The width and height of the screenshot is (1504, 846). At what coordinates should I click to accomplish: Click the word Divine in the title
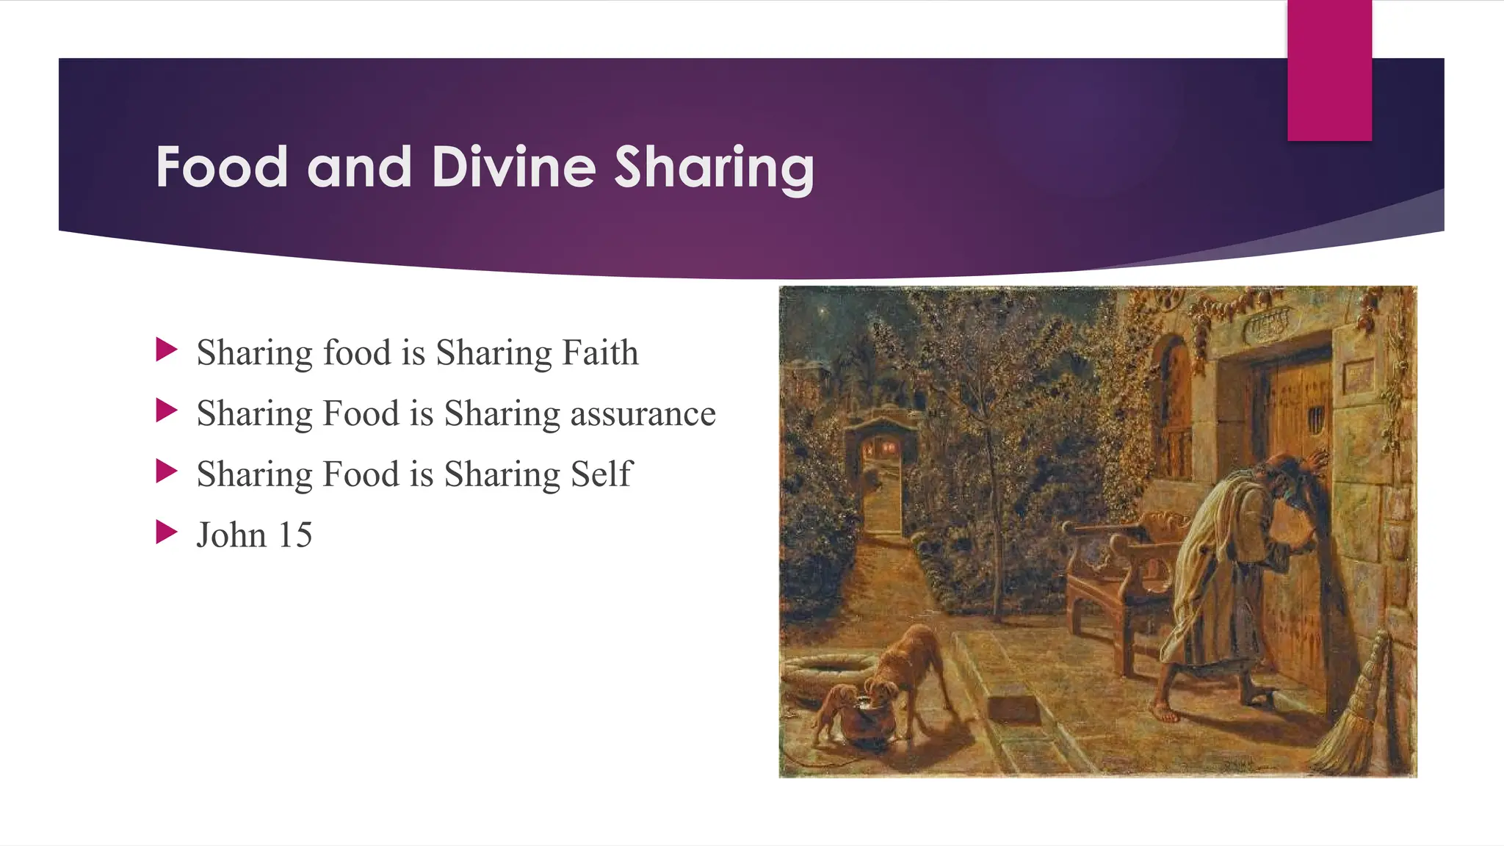513,167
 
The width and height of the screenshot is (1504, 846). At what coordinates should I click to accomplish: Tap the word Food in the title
221,167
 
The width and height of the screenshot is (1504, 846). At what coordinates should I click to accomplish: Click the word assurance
643,413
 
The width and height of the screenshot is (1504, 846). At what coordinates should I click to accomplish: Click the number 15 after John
294,535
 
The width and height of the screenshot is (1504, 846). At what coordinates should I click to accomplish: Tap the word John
231,535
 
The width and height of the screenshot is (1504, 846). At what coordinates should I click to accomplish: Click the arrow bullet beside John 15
167,532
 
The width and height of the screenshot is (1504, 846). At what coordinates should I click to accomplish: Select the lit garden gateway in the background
881,470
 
